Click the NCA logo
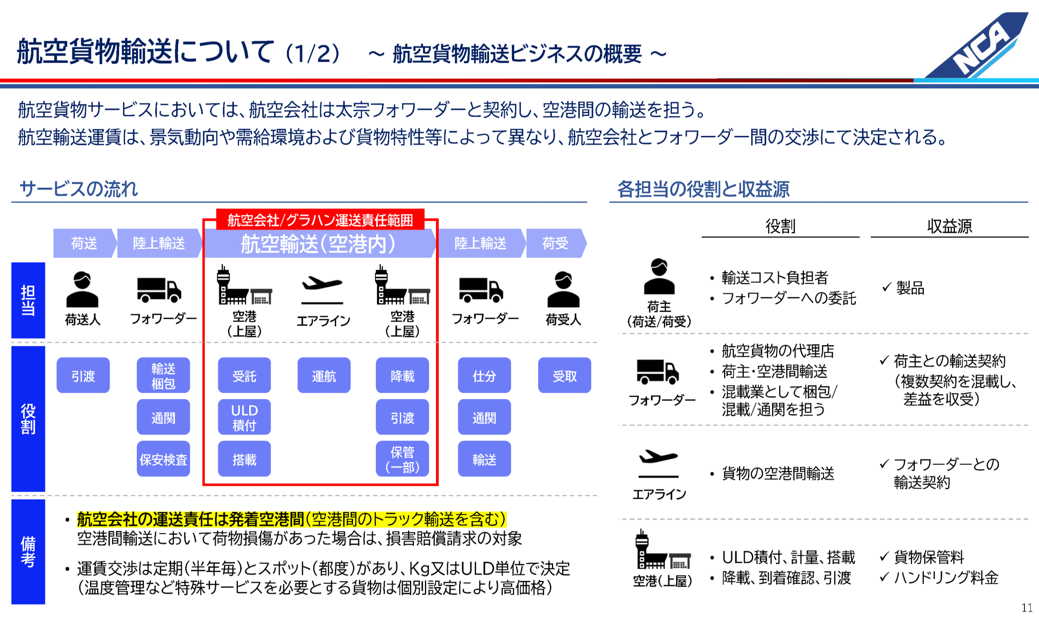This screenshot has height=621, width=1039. tap(980, 46)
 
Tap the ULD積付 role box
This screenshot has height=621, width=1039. tap(244, 417)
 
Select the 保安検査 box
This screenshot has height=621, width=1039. tap(163, 459)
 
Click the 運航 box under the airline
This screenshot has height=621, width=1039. tap(323, 375)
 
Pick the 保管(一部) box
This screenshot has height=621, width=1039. tap(402, 459)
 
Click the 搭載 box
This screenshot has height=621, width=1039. tap(244, 459)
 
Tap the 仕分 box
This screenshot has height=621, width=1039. tap(484, 375)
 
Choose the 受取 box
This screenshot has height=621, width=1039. tap(564, 375)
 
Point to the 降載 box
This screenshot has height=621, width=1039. tap(402, 375)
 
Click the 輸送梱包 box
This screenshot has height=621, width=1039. tap(163, 375)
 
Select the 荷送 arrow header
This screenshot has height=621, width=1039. tap(84, 243)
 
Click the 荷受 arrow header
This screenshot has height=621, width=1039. tap(555, 243)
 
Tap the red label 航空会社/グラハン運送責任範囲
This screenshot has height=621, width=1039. tap(320, 220)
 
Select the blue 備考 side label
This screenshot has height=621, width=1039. tap(28, 551)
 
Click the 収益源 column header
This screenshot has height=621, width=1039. tap(949, 226)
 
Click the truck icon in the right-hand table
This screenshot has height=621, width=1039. tap(657, 372)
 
